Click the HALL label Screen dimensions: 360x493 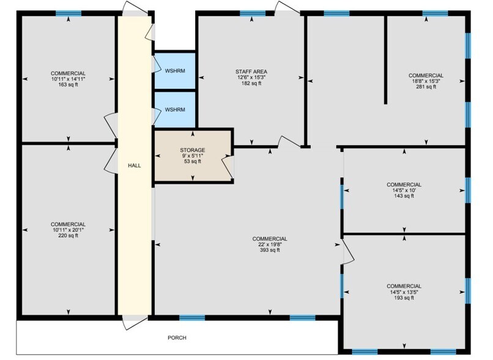[x=135, y=165]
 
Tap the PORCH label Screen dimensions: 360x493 [x=177, y=337]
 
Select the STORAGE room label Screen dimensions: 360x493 [x=192, y=150]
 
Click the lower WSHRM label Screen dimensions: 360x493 [x=174, y=110]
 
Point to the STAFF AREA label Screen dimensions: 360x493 [x=251, y=72]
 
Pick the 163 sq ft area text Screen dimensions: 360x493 [x=68, y=84]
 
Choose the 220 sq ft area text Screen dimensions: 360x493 [x=68, y=236]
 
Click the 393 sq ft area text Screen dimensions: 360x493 [x=270, y=250]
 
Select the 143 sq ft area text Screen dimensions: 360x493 [x=404, y=196]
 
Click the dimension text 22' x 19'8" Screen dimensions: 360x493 [x=270, y=244]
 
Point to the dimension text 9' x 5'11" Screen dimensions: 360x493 [x=192, y=156]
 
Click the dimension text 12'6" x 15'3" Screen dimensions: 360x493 [x=251, y=78]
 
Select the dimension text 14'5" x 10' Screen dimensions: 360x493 [x=404, y=190]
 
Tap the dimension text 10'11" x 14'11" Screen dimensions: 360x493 [x=68, y=79]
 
